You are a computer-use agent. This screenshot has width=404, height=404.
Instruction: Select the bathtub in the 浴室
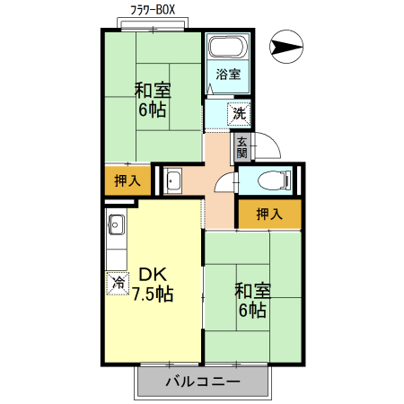coord(227,48)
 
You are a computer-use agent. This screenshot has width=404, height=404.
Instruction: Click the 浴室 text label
coord(228,75)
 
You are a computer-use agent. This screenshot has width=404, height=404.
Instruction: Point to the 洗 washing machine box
coord(238,113)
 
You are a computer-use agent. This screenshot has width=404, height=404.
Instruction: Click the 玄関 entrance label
coord(241,146)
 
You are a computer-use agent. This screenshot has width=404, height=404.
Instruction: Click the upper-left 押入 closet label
coord(127,180)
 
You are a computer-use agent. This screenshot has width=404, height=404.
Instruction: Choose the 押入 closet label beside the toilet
coord(269,214)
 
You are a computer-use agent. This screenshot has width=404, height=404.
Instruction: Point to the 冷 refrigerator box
coord(118,282)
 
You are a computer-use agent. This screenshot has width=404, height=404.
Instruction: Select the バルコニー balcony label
coord(203,382)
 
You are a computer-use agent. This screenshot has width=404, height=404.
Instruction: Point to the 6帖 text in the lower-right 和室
coord(252,311)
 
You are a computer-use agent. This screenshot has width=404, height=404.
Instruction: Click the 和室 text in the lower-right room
coord(252,291)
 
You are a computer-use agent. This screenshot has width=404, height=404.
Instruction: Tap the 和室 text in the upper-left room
coord(152,91)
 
